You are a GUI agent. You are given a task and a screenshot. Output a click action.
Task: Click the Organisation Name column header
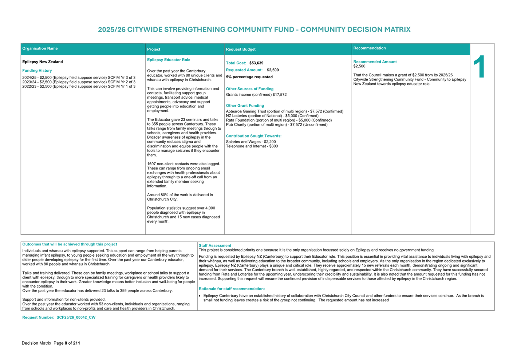coord(40,48)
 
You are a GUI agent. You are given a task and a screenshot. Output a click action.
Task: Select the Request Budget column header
coord(241,49)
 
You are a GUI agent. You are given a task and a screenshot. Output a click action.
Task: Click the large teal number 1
coord(480,67)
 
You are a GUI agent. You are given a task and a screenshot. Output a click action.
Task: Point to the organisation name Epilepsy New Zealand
coord(43,62)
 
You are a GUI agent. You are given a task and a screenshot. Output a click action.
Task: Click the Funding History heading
coord(37,71)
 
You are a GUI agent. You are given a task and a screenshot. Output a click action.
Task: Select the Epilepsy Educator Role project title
coord(169,60)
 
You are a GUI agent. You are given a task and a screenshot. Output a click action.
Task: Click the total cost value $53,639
coord(256,63)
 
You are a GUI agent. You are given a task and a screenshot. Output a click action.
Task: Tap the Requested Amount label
coord(244,70)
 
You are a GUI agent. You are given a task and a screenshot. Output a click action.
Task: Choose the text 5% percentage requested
coord(249,77)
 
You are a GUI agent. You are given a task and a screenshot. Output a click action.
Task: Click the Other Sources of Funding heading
coord(249,89)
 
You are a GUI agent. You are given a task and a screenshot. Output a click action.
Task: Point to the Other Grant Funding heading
coord(245,106)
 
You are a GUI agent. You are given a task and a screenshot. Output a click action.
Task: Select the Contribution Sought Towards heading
coord(253,136)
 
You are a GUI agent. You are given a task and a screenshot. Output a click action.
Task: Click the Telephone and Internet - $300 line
coord(252,146)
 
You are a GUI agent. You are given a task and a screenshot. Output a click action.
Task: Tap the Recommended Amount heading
coord(375,62)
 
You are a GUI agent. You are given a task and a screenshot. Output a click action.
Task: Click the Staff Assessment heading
coord(215,246)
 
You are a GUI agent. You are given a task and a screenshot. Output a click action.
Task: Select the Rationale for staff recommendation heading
coord(232,289)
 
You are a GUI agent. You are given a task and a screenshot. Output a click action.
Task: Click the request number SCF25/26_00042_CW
coord(76,317)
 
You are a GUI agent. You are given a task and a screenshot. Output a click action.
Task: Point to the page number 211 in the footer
coord(76,343)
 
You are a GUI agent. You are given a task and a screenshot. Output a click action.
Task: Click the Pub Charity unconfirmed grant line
coord(276,124)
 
